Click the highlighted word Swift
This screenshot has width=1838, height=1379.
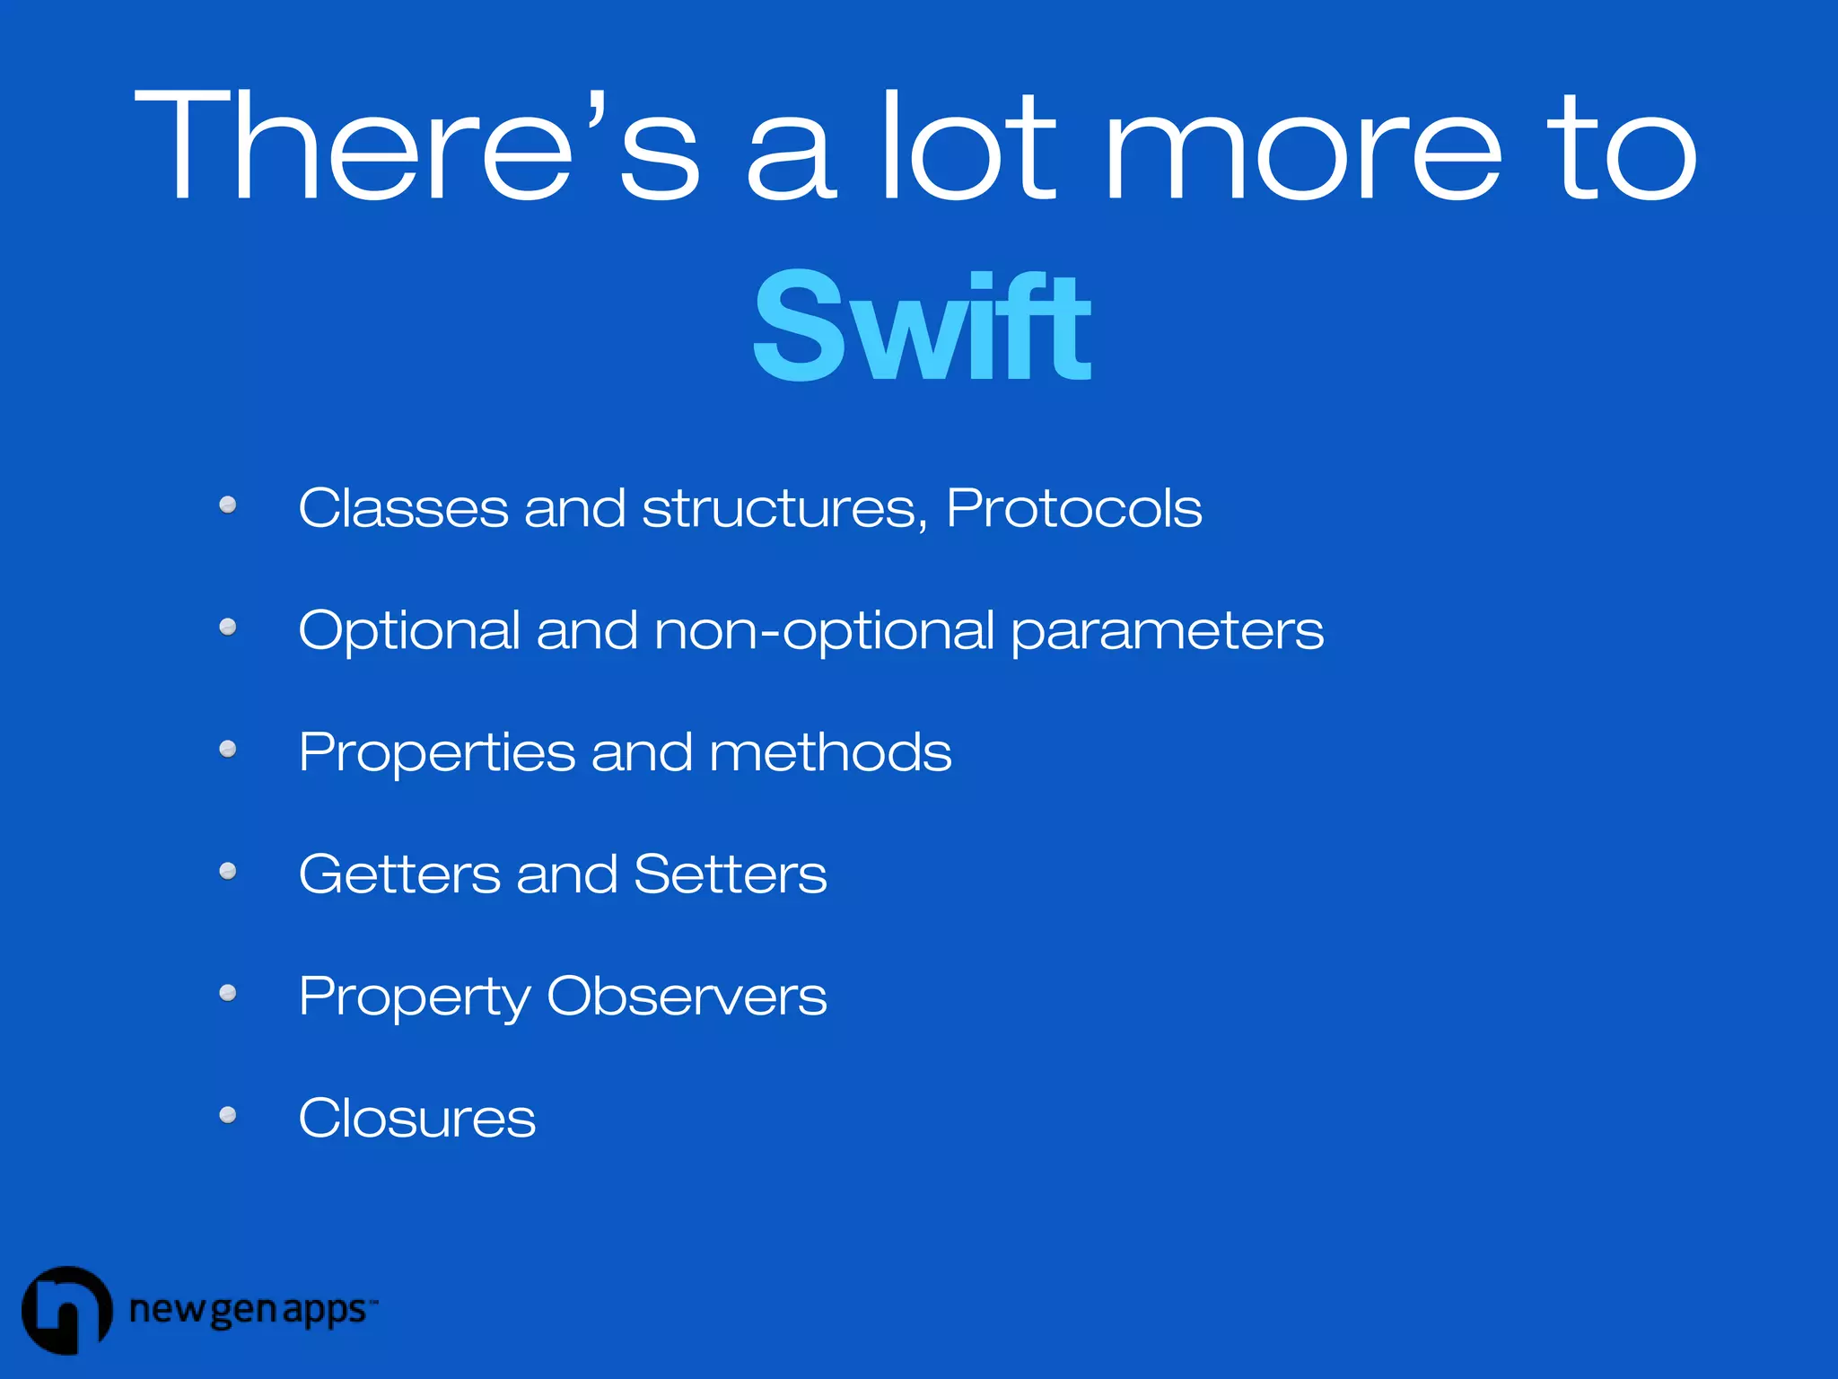(x=921, y=326)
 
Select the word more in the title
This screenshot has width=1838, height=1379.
(x=1303, y=145)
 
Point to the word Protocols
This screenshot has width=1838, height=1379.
(x=1073, y=508)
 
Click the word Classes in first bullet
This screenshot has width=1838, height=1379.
(x=403, y=508)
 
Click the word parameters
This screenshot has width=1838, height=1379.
(x=1167, y=630)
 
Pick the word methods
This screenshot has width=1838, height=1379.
(x=830, y=752)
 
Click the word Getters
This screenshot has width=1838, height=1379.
(x=399, y=874)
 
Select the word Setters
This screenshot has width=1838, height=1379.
(x=730, y=874)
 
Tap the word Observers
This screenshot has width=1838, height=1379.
(x=687, y=997)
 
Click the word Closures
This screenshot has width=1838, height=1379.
(x=416, y=1119)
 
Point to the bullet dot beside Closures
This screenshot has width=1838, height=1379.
(x=228, y=1115)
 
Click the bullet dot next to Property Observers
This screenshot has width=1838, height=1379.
(x=228, y=993)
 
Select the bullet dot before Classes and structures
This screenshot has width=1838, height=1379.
(x=228, y=505)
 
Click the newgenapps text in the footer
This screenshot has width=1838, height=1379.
(x=249, y=1311)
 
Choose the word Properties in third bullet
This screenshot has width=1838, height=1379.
(x=436, y=752)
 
